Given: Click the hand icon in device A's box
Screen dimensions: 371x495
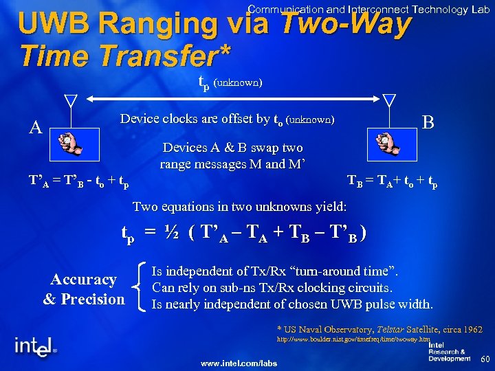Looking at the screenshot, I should coord(71,143).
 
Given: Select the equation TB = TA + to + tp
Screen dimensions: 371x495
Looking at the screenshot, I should coord(392,182).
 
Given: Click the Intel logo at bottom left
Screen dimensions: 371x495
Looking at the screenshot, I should coord(34,345).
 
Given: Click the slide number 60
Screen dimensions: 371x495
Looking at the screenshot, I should coord(484,359).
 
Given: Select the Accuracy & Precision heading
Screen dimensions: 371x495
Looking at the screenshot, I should coord(84,289).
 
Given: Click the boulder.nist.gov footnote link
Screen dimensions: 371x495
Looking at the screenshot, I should coord(353,339).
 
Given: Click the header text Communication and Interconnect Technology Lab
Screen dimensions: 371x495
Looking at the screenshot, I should coord(368,9).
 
